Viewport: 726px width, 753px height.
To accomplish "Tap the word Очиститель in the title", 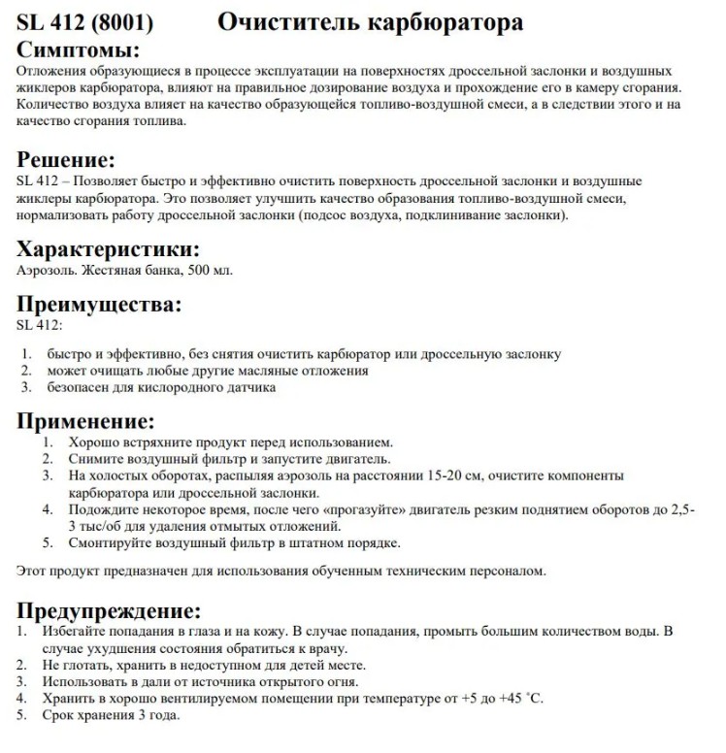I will (282, 21).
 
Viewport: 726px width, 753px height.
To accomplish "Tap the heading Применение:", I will (86, 421).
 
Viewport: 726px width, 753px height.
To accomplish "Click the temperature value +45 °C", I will (523, 698).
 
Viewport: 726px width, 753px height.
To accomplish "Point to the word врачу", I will (326, 647).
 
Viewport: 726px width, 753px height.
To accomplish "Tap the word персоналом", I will (505, 571).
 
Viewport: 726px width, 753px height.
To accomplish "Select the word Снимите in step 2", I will (94, 458).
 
